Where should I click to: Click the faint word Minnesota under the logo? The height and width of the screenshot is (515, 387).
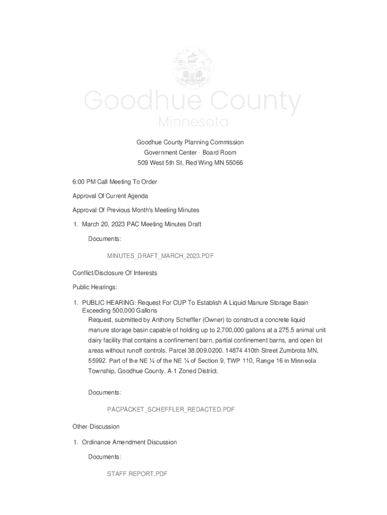[193, 122]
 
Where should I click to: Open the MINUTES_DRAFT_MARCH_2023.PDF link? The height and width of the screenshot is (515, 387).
[160, 256]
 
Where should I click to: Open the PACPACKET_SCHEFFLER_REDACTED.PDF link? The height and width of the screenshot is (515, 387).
[171, 409]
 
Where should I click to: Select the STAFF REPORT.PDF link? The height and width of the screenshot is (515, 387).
[137, 474]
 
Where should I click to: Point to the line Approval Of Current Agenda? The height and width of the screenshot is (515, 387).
[110, 196]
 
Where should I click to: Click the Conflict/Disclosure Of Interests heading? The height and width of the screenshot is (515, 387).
[115, 273]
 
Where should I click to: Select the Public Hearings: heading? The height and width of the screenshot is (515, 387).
[95, 287]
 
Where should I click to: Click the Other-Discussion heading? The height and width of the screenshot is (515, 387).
[96, 426]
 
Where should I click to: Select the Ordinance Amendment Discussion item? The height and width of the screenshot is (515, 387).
[129, 442]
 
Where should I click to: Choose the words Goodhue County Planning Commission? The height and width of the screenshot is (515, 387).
[190, 142]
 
